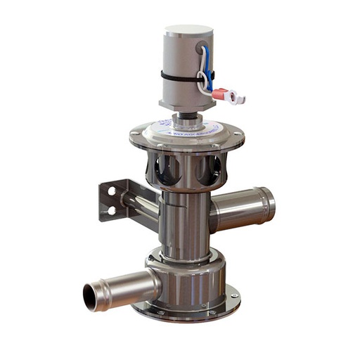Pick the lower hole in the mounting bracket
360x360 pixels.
tap(111, 209)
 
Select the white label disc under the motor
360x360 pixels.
tap(185, 127)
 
